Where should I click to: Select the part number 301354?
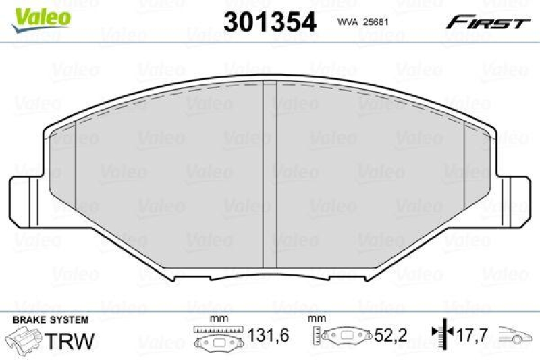(x=269, y=21)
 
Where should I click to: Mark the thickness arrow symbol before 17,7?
(x=439, y=333)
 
